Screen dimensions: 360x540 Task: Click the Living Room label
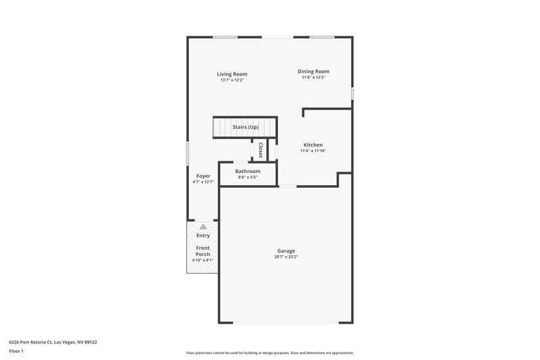232,74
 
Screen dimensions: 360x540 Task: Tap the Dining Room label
314,72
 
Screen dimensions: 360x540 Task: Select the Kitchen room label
313,145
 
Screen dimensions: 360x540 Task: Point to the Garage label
286,251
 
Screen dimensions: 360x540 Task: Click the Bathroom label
248,172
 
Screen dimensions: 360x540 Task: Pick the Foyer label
202,176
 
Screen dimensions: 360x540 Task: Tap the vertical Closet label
261,150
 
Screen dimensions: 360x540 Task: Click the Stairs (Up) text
245,127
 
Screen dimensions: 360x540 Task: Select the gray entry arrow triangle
203,227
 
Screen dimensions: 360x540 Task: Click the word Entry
203,236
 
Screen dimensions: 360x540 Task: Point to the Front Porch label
203,251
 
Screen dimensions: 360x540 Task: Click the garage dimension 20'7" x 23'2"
286,257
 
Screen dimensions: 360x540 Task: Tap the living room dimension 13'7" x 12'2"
232,80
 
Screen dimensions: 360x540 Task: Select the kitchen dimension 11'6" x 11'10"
313,151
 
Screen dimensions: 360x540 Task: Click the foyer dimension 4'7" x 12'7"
202,182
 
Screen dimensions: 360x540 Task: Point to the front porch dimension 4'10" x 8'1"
203,260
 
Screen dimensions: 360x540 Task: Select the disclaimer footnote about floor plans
269,353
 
